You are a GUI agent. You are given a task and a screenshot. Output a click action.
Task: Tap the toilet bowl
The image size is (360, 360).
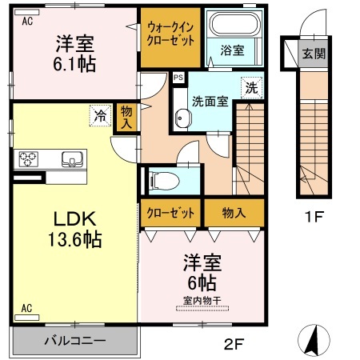163,181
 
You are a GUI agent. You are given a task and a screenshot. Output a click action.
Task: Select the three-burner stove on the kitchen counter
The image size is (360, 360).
28,159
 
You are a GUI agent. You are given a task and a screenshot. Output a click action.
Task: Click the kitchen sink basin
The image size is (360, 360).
72,159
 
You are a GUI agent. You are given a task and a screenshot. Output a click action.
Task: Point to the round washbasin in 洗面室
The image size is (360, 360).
183,118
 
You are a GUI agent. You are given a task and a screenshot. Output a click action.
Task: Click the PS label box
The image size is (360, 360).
178,78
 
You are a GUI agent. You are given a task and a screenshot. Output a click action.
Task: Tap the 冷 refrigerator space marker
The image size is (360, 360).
100,115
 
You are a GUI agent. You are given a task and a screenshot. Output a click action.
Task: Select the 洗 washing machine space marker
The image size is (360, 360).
251,88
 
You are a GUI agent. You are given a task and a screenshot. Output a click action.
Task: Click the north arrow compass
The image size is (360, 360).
314,340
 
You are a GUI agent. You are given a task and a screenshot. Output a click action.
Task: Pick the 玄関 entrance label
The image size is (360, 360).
314,54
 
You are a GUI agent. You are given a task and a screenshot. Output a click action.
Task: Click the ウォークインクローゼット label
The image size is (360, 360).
170,34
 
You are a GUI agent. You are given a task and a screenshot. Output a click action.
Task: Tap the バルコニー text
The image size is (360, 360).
75,341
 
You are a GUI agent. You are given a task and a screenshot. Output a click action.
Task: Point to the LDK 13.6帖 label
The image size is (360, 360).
75,230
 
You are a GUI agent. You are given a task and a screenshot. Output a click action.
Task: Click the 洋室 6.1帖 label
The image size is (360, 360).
74,54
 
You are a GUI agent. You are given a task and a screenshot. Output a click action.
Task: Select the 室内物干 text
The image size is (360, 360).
202,301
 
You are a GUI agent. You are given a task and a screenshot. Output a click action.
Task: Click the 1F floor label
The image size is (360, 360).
314,216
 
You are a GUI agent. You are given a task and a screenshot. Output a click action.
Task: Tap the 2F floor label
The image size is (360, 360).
234,344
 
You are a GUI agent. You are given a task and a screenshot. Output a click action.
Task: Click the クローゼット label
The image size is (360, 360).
170,213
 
